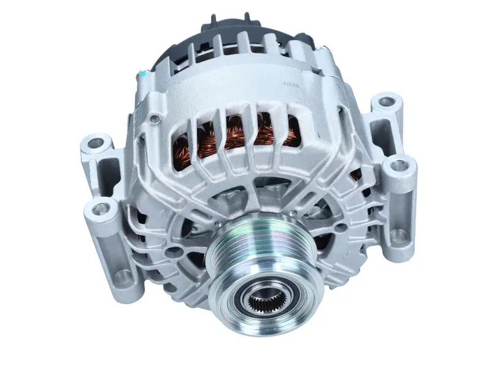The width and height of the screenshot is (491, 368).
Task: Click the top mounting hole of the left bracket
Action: point(96,144)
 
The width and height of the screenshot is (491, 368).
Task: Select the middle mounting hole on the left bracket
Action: point(102,209)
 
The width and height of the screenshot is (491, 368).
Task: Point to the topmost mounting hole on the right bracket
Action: point(387,102)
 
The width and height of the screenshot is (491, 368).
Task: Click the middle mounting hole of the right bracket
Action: point(399,164)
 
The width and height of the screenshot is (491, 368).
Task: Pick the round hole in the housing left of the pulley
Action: point(173,252)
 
